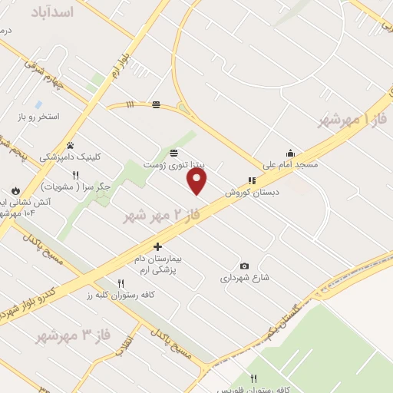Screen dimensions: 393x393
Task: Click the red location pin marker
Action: (x=198, y=181)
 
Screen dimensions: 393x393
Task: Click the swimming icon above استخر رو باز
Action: (x=38, y=104)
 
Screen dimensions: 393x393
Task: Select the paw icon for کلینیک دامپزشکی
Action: (x=70, y=144)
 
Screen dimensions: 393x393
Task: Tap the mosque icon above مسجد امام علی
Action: (x=290, y=153)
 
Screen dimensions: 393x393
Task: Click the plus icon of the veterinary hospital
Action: (x=157, y=246)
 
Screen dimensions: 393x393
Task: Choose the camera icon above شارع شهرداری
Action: (x=244, y=266)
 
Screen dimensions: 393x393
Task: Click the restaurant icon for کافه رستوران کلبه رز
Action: (x=121, y=283)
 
